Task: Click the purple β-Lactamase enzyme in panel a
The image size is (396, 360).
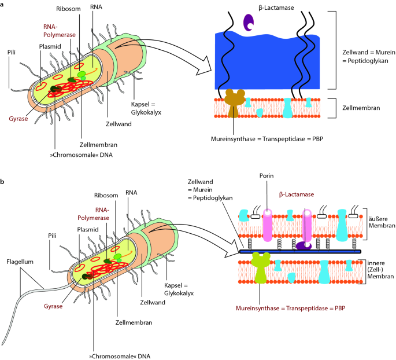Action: coord(249,22)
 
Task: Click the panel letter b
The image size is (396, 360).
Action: coord(3,182)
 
